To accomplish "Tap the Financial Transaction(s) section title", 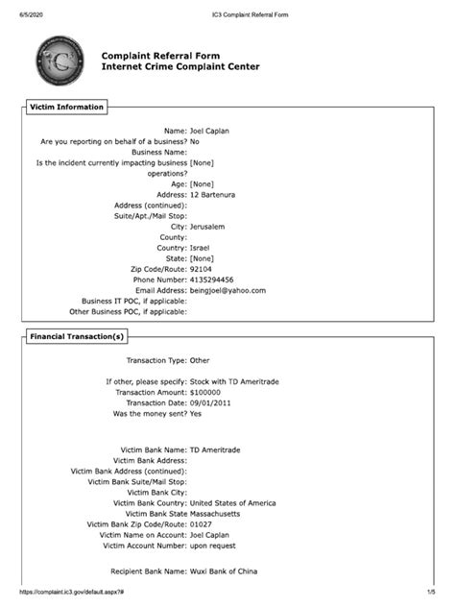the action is [x=77, y=337].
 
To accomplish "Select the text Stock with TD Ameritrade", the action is [x=233, y=381].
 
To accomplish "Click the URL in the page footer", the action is [x=63, y=594].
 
